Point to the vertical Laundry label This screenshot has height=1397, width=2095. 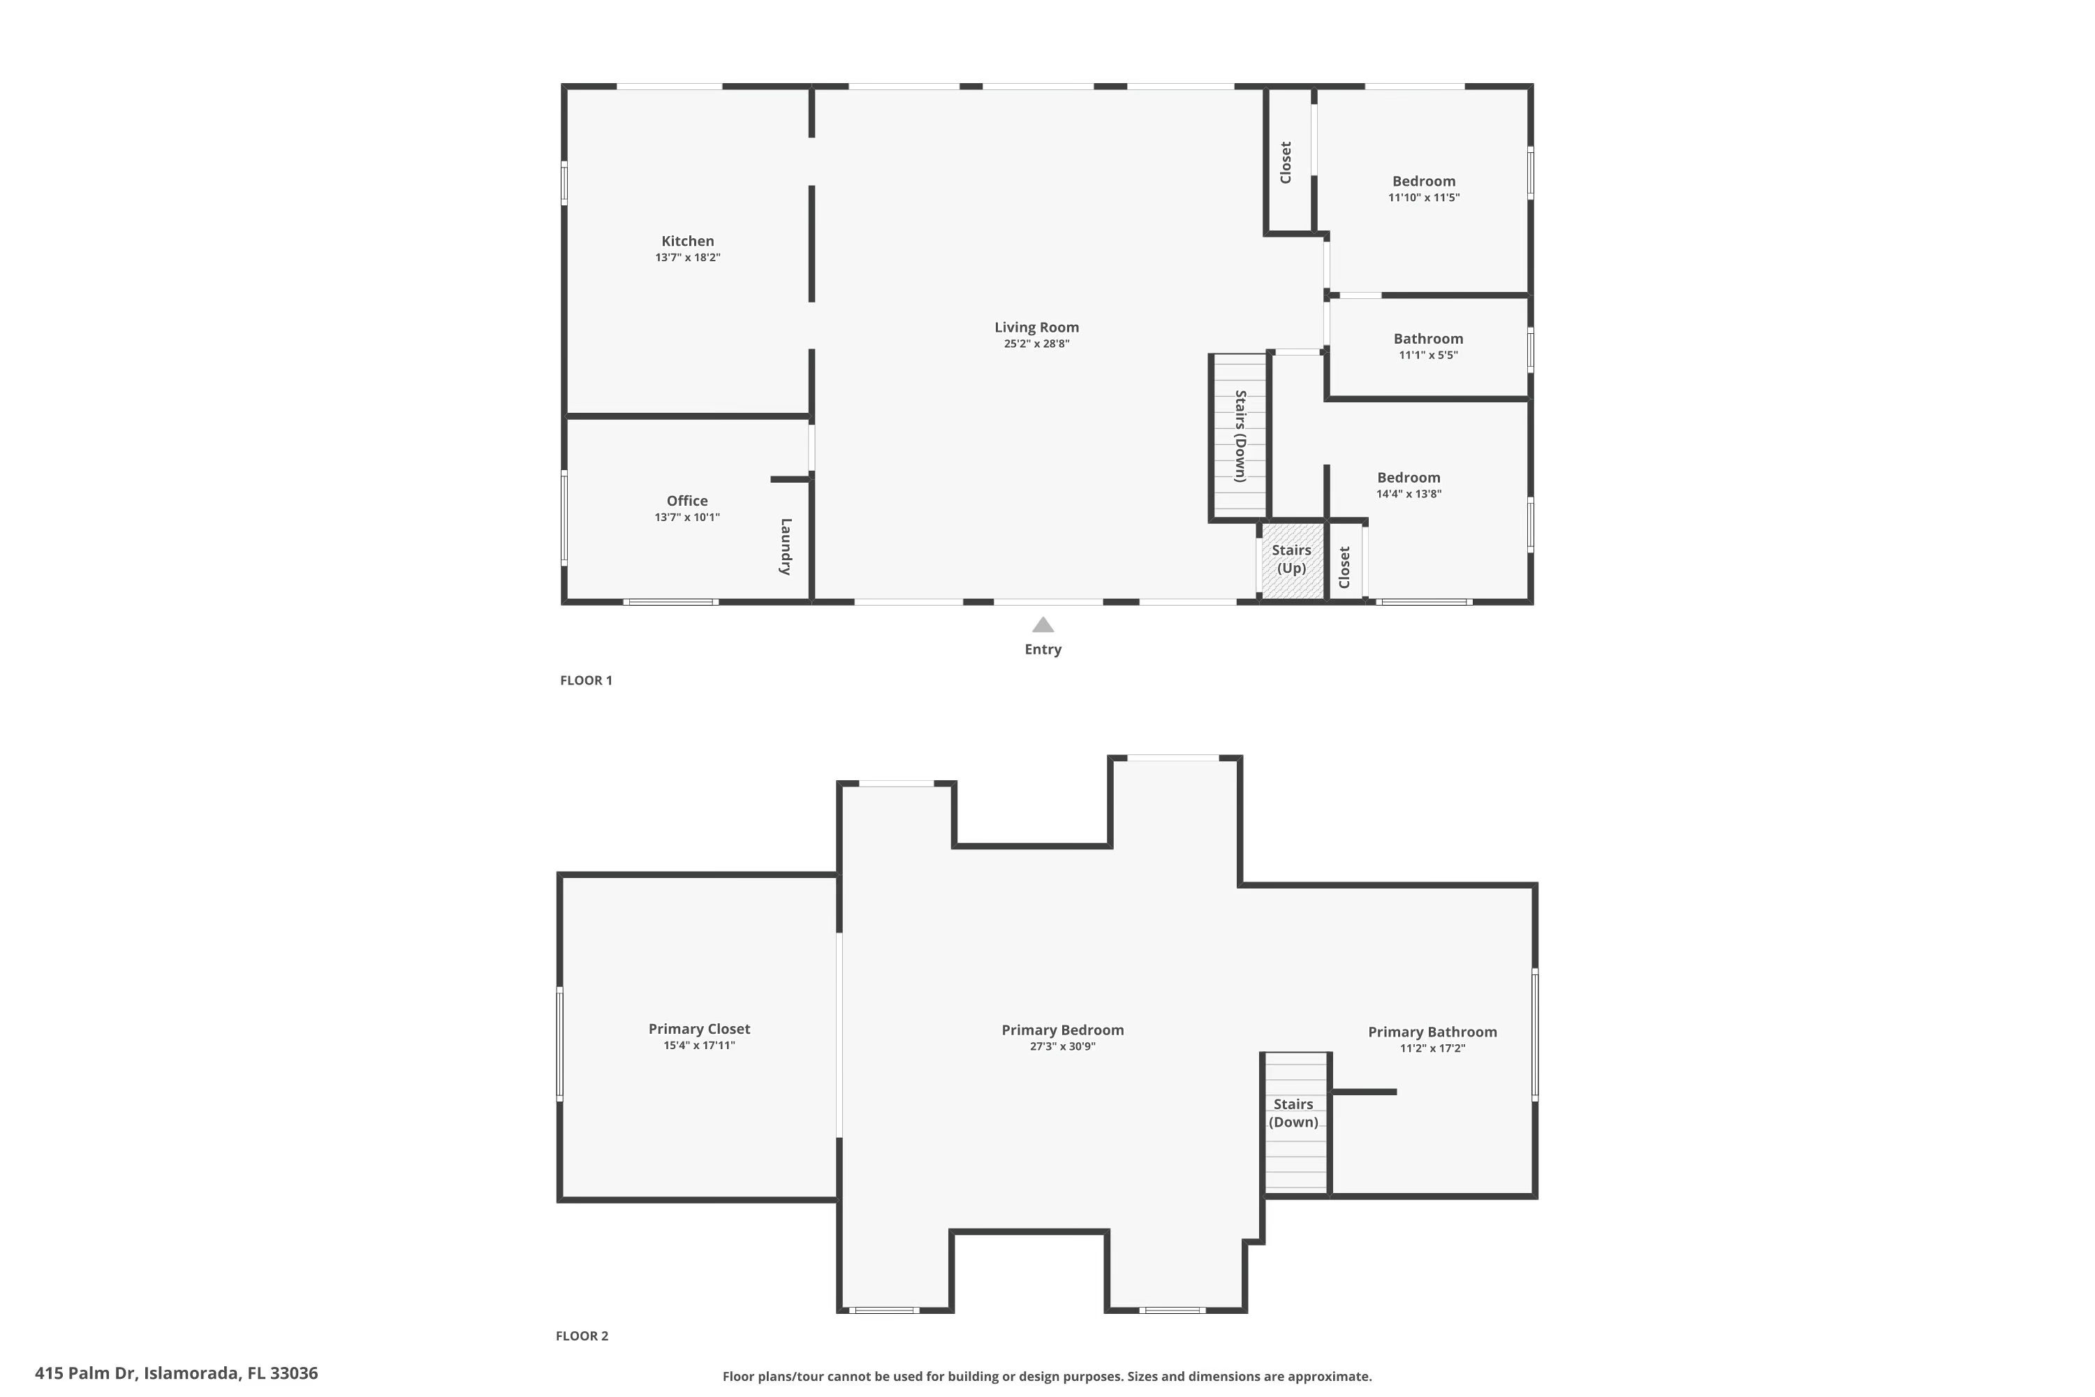[786, 546]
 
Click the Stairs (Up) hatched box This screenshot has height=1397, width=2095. [1291, 559]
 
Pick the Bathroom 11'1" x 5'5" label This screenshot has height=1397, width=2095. [1428, 346]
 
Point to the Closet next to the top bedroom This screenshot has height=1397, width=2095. [1286, 162]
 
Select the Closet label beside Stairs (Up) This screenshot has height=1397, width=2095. [1344, 566]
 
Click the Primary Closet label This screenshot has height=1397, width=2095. [699, 1029]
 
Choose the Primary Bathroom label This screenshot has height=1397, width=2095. [1432, 1032]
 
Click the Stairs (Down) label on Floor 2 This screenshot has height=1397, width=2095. [1293, 1113]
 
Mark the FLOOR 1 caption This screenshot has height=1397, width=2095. [585, 680]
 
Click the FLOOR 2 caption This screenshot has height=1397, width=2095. [582, 1336]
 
